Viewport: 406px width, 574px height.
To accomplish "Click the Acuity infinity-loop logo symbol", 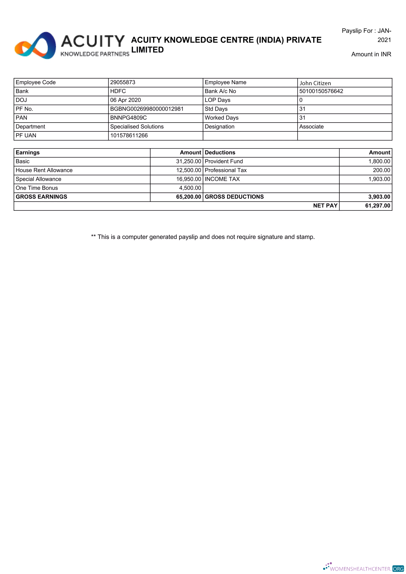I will [35, 46].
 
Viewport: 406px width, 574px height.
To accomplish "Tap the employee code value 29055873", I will [123, 82].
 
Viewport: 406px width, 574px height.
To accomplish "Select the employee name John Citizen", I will [315, 83].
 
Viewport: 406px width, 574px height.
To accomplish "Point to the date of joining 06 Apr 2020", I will [125, 100].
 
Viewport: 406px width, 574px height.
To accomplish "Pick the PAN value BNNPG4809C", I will [128, 118].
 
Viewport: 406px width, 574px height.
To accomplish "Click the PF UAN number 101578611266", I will [129, 135].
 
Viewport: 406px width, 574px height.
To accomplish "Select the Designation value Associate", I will [311, 127].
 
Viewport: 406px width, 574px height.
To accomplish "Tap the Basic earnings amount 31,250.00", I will [188, 161].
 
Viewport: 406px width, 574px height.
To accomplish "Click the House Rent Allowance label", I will [44, 170].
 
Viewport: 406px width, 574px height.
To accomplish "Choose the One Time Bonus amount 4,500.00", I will [190, 188].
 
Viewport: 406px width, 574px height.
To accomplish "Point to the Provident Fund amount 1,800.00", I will [379, 161].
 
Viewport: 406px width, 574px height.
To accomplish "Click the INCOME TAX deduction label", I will [222, 179].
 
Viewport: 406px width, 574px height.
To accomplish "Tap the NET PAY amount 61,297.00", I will [377, 206].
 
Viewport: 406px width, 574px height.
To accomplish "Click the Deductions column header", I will [220, 153].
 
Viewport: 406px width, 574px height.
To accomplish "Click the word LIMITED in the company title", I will [147, 50].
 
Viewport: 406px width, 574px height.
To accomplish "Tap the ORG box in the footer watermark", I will [398, 568].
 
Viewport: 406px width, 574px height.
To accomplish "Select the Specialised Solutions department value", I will [137, 127].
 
